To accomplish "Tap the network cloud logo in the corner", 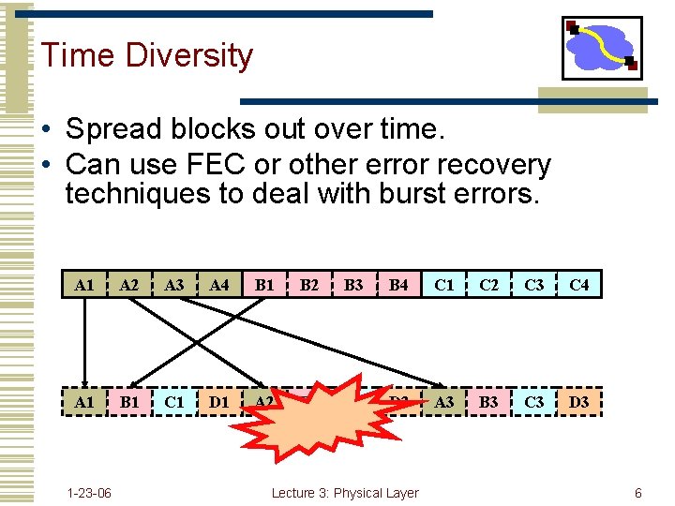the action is pyautogui.click(x=602, y=48).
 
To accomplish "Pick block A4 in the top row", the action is pyautogui.click(x=219, y=284).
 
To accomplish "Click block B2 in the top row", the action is pyautogui.click(x=309, y=284).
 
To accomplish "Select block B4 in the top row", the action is pyautogui.click(x=399, y=284).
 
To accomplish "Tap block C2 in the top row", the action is pyautogui.click(x=488, y=284).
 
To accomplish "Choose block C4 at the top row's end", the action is pyautogui.click(x=579, y=284).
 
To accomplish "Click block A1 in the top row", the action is pyautogui.click(x=84, y=284).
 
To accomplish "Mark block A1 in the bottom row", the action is pyautogui.click(x=84, y=402).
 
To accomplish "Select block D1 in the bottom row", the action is pyautogui.click(x=219, y=402).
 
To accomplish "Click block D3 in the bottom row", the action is pyautogui.click(x=579, y=402).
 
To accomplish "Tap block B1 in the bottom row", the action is pyautogui.click(x=129, y=402).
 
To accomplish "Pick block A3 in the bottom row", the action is pyautogui.click(x=444, y=402).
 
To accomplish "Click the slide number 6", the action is pyautogui.click(x=637, y=493).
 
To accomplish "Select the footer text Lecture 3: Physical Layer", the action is pyautogui.click(x=345, y=493).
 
